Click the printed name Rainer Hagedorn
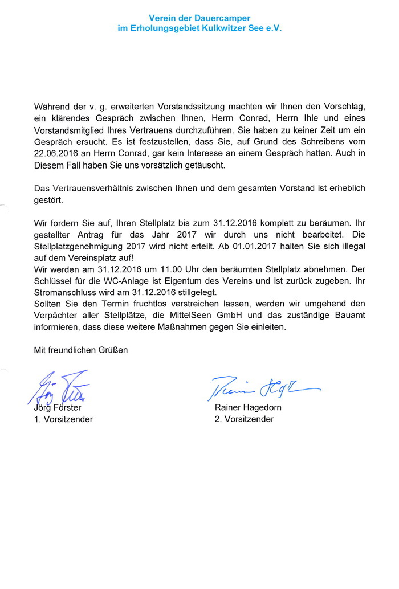pyautogui.click(x=248, y=407)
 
